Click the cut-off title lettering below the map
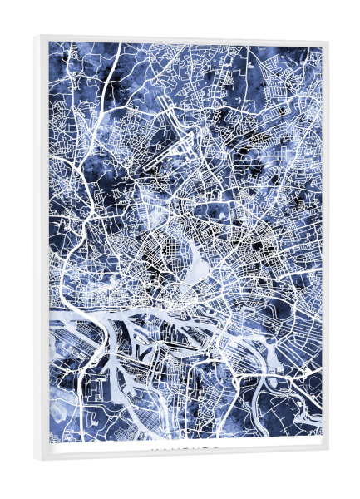pyautogui.click(x=185, y=447)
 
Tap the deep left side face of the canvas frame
pyautogui.click(x=42, y=249)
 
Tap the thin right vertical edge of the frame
pyautogui.click(x=325, y=249)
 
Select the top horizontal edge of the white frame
pyautogui.click(x=183, y=38)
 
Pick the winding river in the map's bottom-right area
pyautogui.click(x=287, y=391)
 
